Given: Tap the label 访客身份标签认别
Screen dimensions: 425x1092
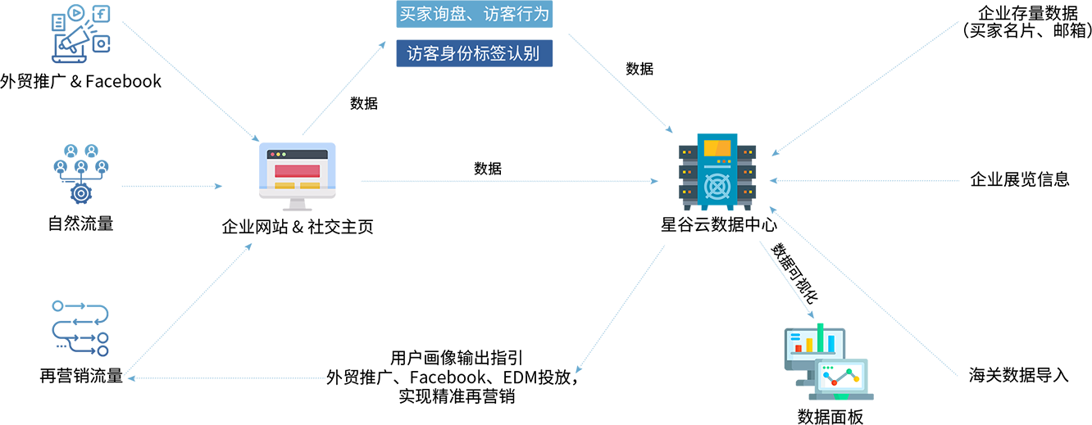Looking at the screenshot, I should (474, 54).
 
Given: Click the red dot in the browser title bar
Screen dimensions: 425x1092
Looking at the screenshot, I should (272, 154).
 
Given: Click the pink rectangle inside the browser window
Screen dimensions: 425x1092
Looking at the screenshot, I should (297, 170).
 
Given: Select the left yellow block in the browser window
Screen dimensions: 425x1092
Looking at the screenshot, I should (284, 186).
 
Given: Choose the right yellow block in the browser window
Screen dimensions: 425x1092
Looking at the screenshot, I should (310, 186).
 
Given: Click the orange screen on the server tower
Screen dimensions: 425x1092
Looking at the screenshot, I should (717, 148).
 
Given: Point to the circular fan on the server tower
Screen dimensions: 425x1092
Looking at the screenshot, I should (717, 186).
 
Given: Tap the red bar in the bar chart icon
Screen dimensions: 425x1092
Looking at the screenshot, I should (799, 347).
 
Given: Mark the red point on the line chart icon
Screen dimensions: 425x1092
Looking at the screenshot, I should (835, 382).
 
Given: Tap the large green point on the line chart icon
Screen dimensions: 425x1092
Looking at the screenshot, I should (849, 371).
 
